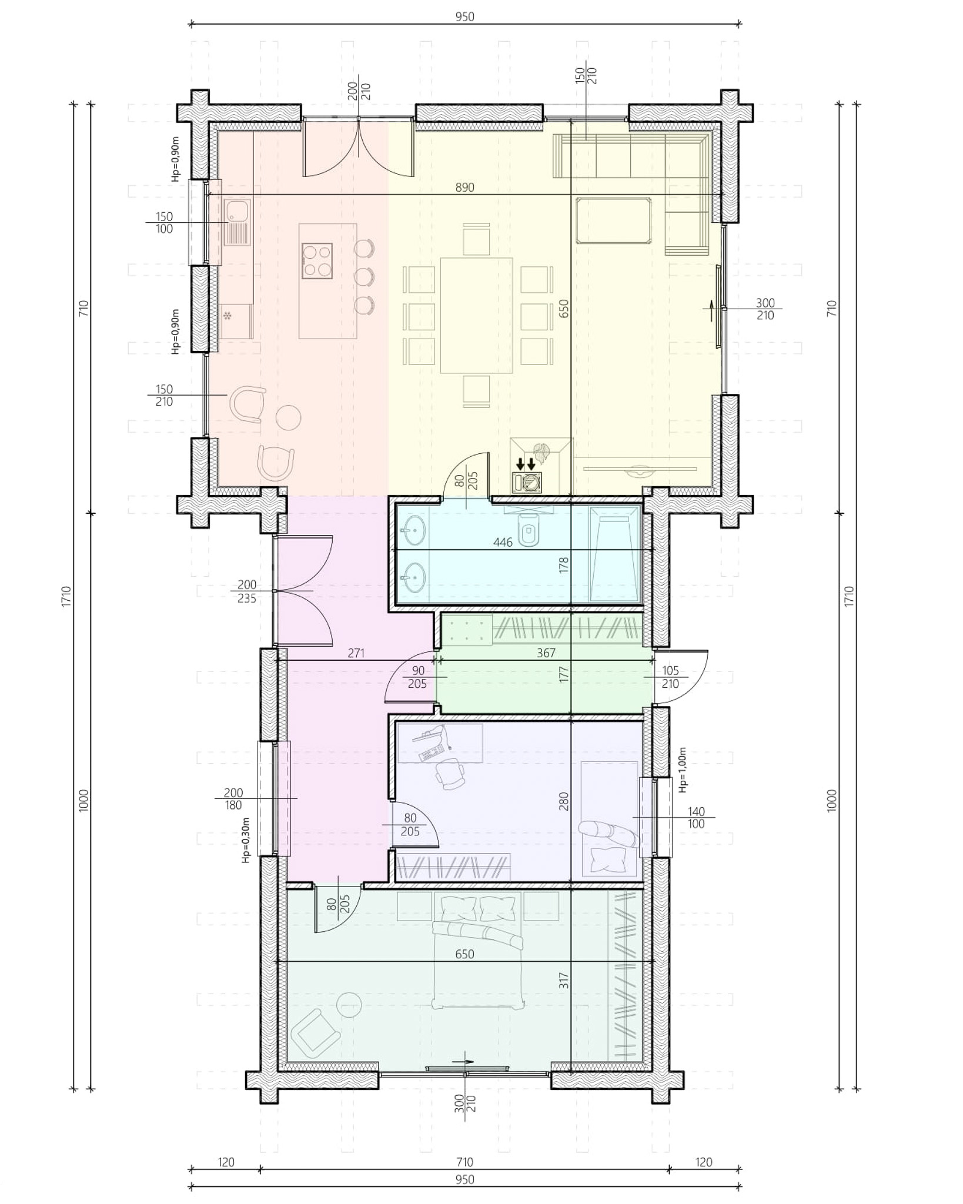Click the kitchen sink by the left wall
click(237, 230)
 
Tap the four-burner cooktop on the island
click(317, 261)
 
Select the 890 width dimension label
click(464, 188)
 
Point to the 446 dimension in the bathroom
click(503, 542)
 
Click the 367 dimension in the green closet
click(546, 653)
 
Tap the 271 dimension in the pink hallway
click(356, 653)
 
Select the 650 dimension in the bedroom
click(464, 954)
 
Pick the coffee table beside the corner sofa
click(613, 221)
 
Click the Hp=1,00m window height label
click(683, 770)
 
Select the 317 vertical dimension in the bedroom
click(564, 980)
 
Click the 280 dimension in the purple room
click(564, 801)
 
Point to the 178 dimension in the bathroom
click(564, 566)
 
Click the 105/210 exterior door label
click(670, 677)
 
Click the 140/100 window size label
click(695, 818)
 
